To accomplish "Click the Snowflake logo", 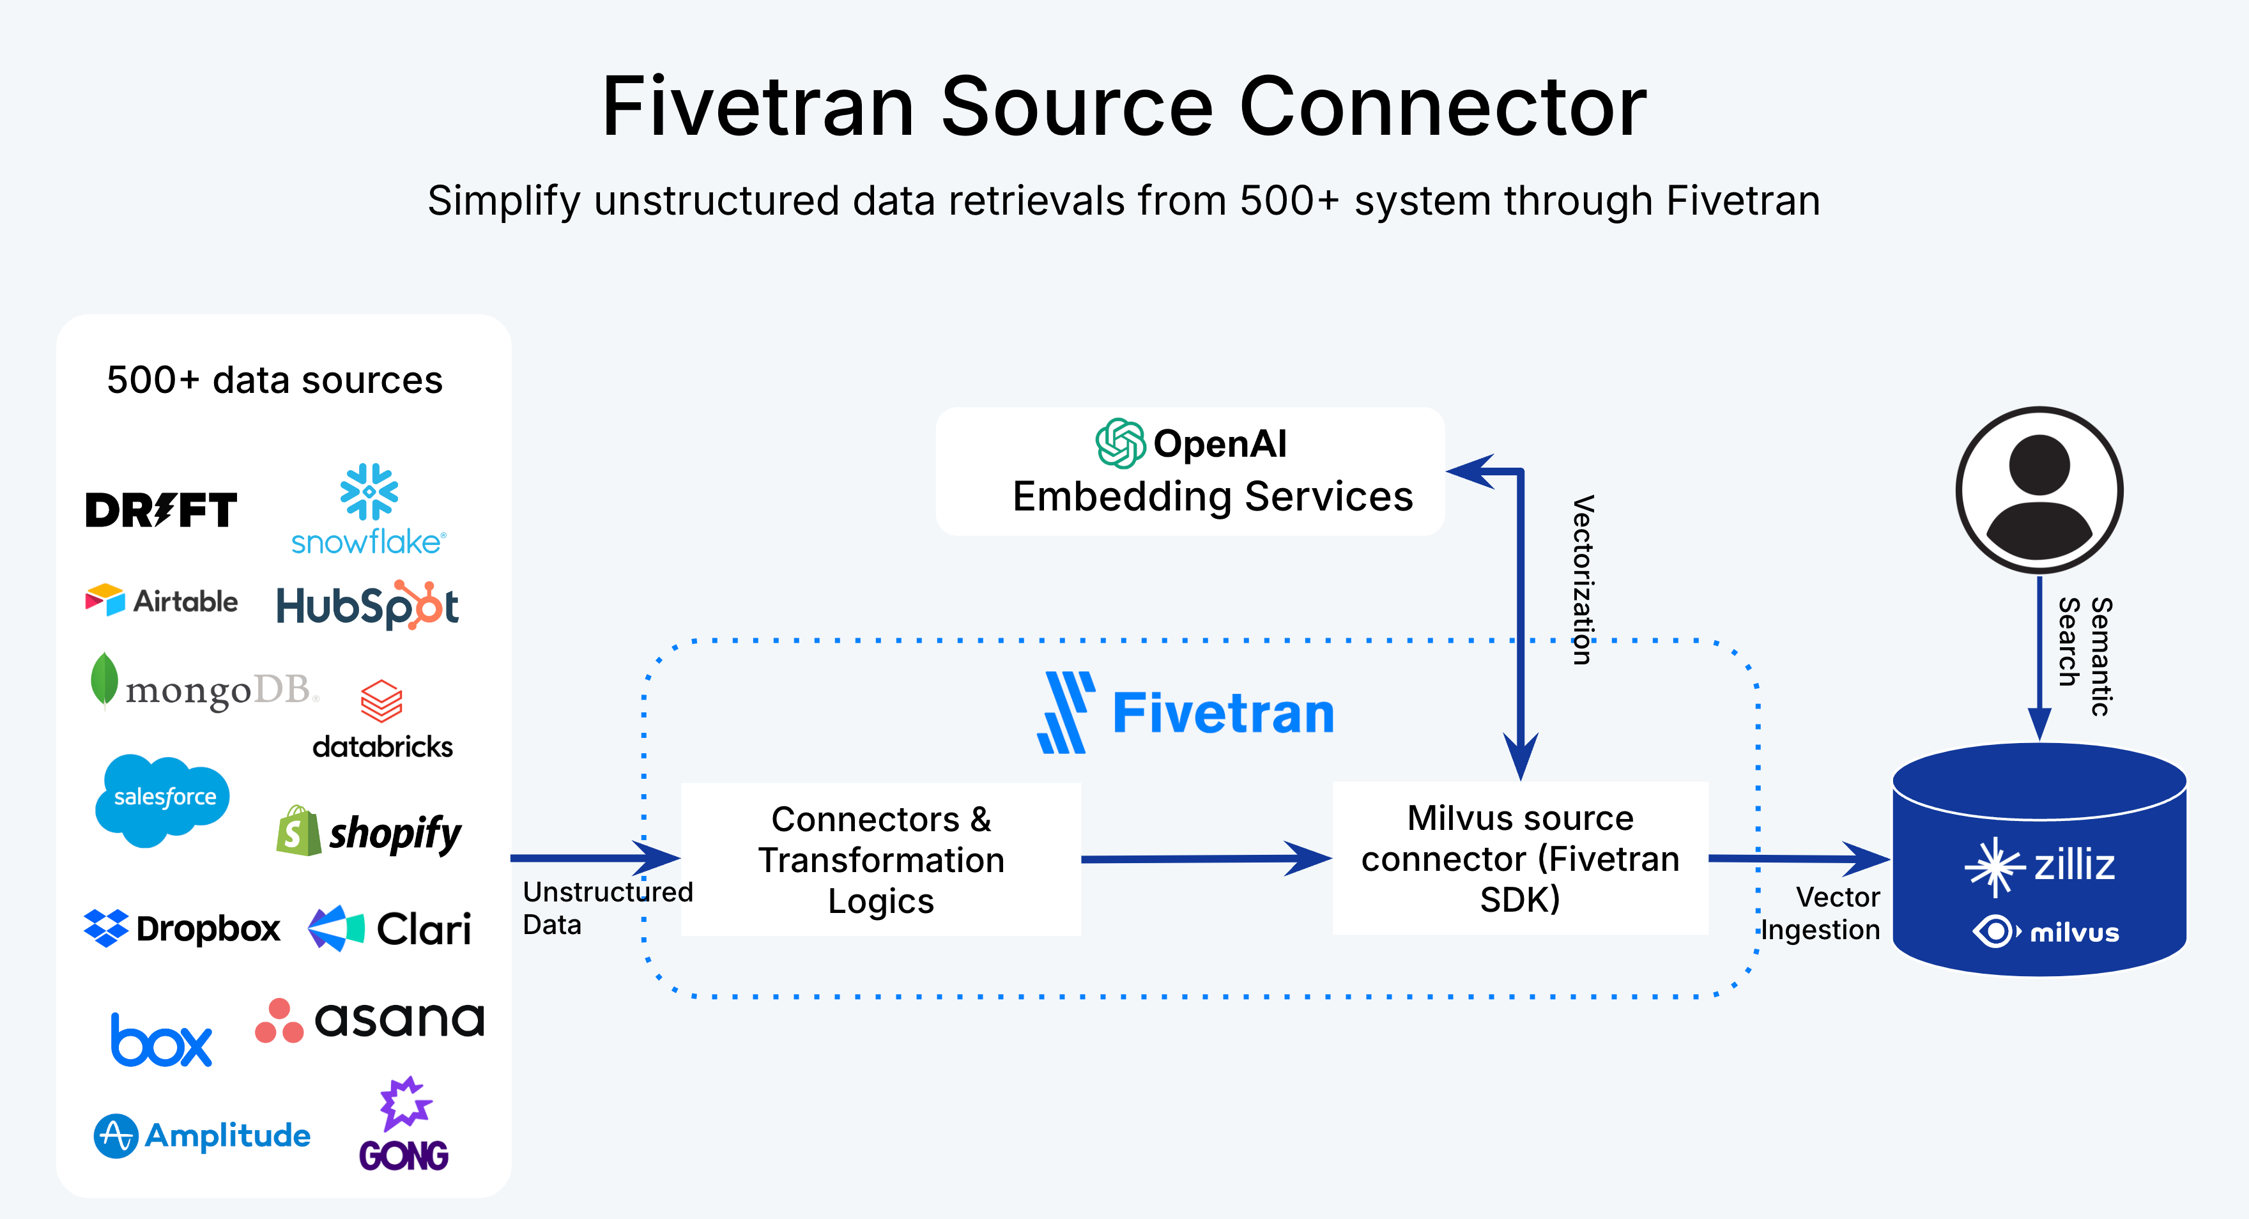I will tap(369, 510).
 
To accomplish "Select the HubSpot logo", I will tap(367, 605).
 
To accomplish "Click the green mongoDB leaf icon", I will tap(104, 679).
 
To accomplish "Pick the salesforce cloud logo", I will tap(164, 798).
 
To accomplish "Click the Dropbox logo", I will tap(181, 928).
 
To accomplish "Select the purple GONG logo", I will tap(403, 1126).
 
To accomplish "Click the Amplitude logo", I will tap(202, 1135).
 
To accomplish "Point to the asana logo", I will tap(369, 1020).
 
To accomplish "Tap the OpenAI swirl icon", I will tap(1120, 443).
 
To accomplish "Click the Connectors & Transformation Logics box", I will tap(881, 859).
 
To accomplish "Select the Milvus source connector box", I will tap(1520, 859).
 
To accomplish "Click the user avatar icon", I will tap(2039, 490).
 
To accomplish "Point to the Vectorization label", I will tap(1583, 580).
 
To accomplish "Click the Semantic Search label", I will tap(2084, 655).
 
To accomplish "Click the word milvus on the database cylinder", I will tap(2075, 933).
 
